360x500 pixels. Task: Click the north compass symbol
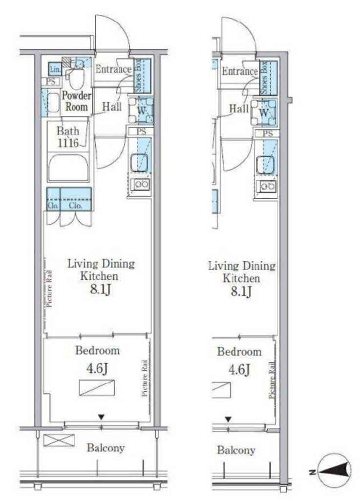[x=334, y=471]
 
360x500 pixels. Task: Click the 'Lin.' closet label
[x=55, y=69]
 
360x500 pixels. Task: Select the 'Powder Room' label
[x=77, y=101]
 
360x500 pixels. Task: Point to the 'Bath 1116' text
[x=68, y=137]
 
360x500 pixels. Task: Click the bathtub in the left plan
[x=68, y=168]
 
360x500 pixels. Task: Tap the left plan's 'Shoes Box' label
[x=138, y=76]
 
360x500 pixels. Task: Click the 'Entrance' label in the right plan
[x=239, y=71]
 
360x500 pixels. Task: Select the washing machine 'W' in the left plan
[x=141, y=111]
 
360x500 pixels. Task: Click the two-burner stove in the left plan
[x=141, y=184]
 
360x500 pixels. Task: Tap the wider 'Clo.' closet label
[x=75, y=206]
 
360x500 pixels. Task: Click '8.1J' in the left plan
[x=100, y=290]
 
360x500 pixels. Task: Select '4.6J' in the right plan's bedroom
[x=239, y=370]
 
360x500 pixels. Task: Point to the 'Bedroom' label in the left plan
[x=98, y=351]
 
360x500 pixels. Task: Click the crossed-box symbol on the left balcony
[x=59, y=440]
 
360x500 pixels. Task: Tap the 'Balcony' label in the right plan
[x=236, y=450]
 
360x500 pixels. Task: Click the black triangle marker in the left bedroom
[x=101, y=417]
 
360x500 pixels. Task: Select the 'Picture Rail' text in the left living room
[x=49, y=289]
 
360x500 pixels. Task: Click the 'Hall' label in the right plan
[x=239, y=109]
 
